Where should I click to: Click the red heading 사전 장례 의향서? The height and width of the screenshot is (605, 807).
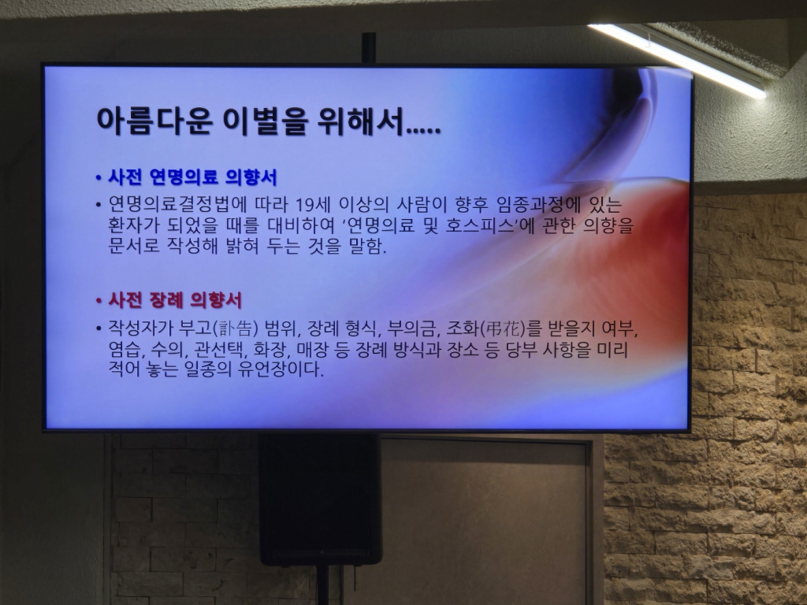[174, 300]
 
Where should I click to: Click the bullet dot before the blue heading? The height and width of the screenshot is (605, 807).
[99, 178]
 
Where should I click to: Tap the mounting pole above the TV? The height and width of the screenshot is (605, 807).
[368, 48]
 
